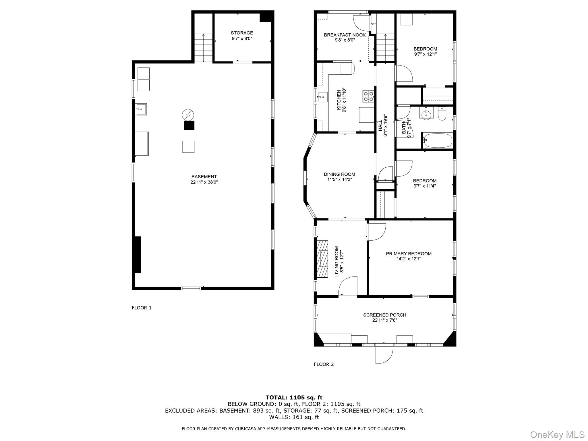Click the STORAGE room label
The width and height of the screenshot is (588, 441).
pos(242,33)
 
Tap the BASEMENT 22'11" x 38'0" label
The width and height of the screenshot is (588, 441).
pos(204,179)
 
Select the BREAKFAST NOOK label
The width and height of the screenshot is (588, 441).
pos(345,35)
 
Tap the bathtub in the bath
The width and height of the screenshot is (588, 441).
pos(438,140)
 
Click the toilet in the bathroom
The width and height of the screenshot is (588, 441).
pos(442,114)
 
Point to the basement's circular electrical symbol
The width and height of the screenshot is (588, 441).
pos(188,115)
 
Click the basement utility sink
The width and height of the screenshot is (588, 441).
pos(141,109)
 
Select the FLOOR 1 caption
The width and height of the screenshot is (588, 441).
pos(142,308)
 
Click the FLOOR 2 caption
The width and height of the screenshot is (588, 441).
pos(324,364)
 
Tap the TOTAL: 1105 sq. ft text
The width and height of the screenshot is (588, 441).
pos(294,398)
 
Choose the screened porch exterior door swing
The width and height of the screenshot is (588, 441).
pos(384,354)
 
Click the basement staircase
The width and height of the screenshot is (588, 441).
pos(204,48)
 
